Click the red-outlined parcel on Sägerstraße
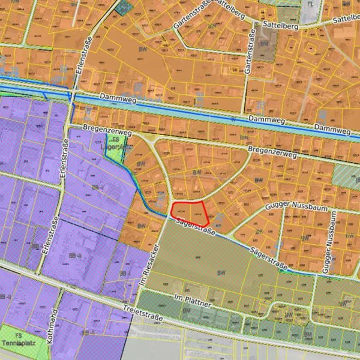pyautogui.click(x=190, y=214)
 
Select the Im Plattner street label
pyautogui.click(x=192, y=301)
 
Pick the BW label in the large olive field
pyautogui.click(x=221, y=273)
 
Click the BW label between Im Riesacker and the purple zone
pyautogui.click(x=141, y=226)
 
